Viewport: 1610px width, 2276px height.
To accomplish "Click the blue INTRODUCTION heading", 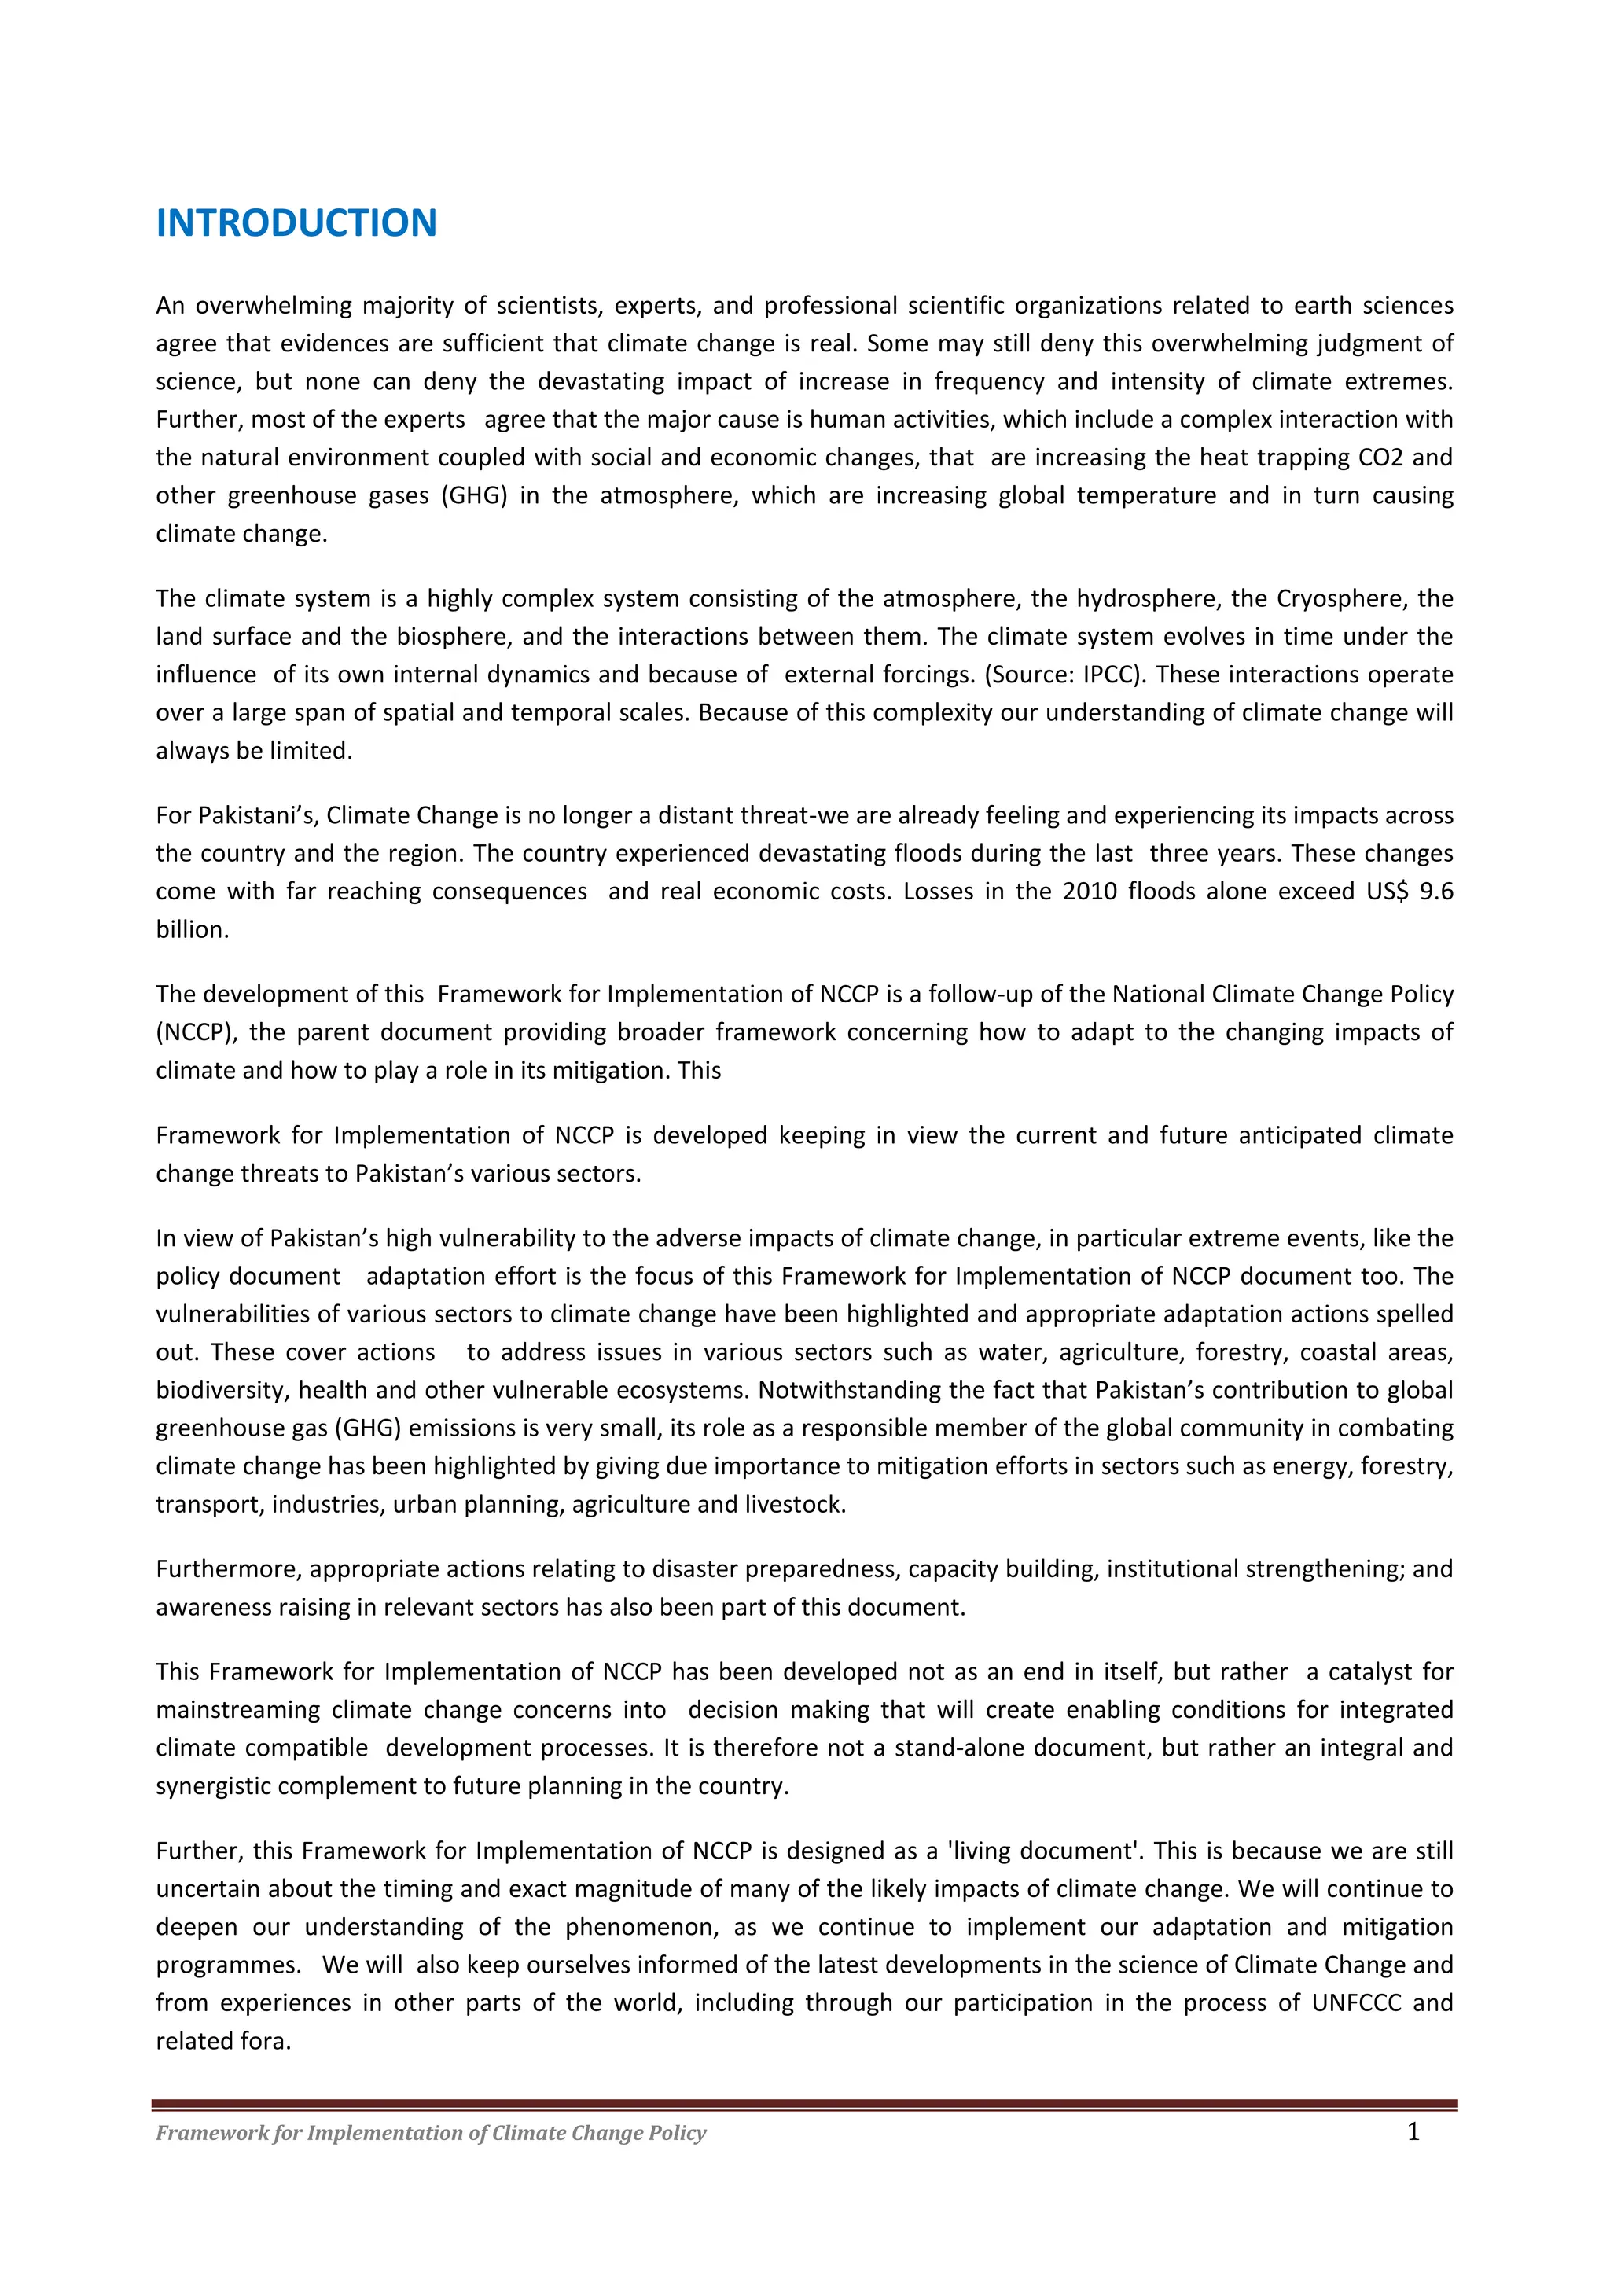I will pyautogui.click(x=296, y=223).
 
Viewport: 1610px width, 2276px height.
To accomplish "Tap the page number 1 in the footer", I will pyautogui.click(x=1413, y=2132).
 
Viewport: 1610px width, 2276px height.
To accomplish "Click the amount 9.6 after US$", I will pyautogui.click(x=1435, y=892).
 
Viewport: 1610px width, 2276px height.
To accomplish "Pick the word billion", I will pyautogui.click(x=191, y=930).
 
